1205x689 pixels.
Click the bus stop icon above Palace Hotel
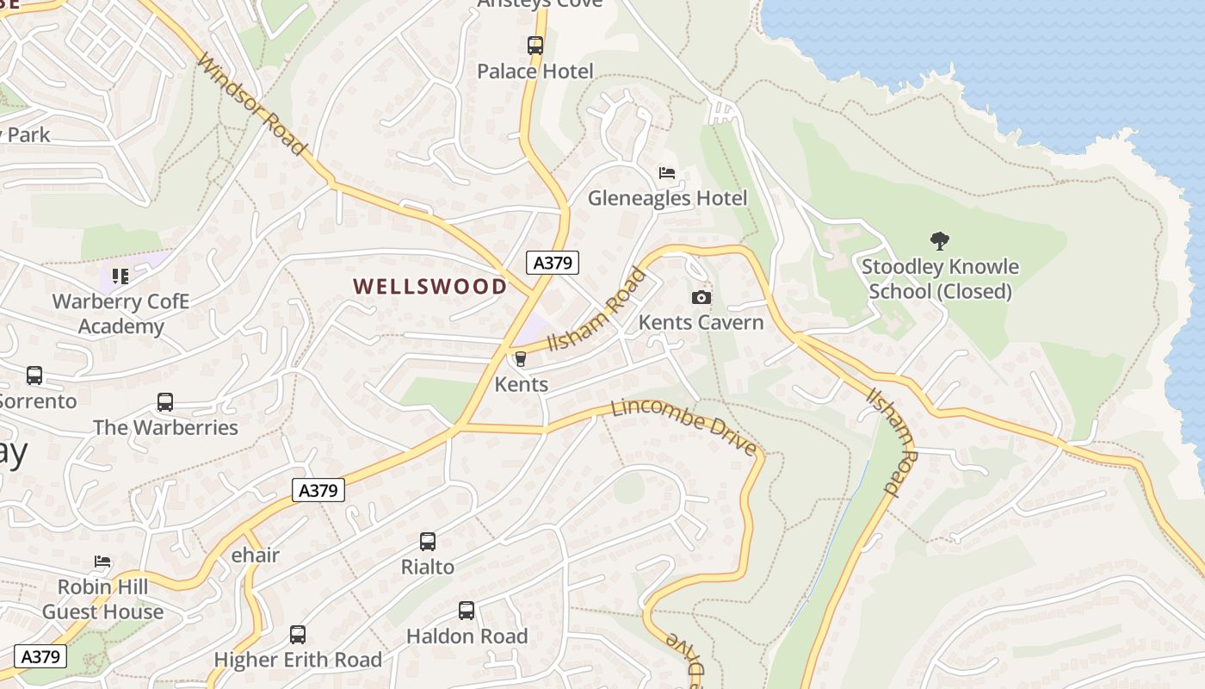tap(535, 46)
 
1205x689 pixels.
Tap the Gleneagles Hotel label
tap(667, 198)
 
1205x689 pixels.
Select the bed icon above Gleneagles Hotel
tap(667, 173)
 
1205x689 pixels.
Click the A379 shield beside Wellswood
tap(553, 263)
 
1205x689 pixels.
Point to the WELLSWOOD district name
tap(430, 287)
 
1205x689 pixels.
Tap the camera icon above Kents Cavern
tap(701, 298)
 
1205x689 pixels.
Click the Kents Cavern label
tap(701, 323)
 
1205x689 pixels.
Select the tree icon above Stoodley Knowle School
tap(940, 241)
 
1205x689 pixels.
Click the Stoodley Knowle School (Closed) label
tap(940, 279)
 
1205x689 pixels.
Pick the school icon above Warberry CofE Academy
tap(120, 276)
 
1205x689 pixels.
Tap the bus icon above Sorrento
tap(34, 376)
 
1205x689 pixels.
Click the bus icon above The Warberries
tap(165, 402)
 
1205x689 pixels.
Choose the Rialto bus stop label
tap(428, 567)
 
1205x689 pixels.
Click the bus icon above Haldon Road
tap(467, 611)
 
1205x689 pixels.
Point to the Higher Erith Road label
tap(298, 660)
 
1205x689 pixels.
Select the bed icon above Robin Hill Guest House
tap(102, 562)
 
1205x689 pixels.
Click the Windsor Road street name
tap(251, 105)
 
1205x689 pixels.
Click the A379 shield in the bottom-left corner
tap(40, 656)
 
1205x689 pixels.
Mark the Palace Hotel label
tap(535, 71)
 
